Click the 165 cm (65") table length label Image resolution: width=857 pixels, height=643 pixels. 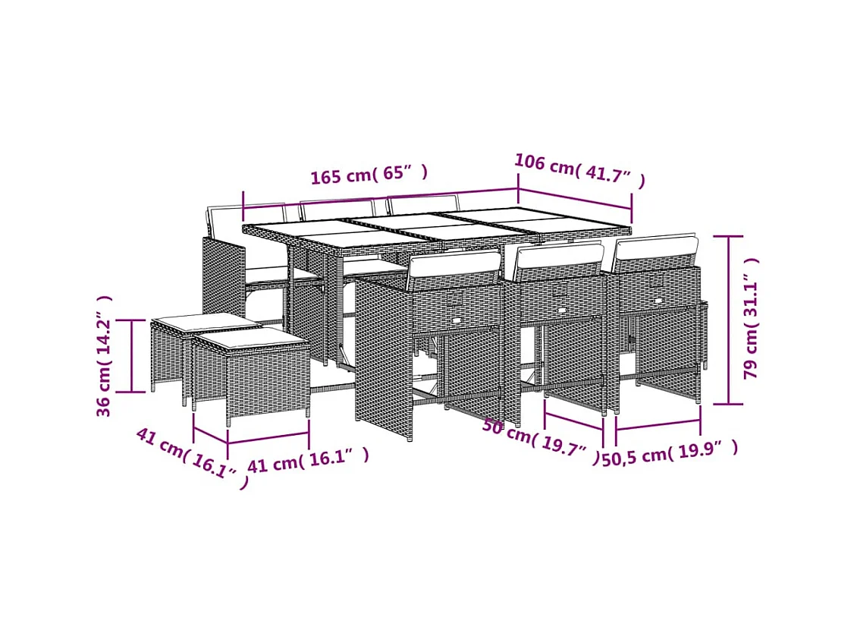point(369,175)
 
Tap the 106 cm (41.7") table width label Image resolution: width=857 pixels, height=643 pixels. point(580,171)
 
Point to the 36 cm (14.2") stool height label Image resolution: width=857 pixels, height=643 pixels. point(104,356)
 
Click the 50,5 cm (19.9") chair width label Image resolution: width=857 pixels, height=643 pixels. point(670,452)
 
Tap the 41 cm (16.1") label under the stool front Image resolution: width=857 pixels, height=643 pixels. point(308,460)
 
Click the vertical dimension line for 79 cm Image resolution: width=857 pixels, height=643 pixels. point(728,320)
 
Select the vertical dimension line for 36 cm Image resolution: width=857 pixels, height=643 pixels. point(132,356)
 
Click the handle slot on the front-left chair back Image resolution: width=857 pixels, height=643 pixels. point(457,319)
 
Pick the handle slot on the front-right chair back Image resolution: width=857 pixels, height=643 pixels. point(658,301)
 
